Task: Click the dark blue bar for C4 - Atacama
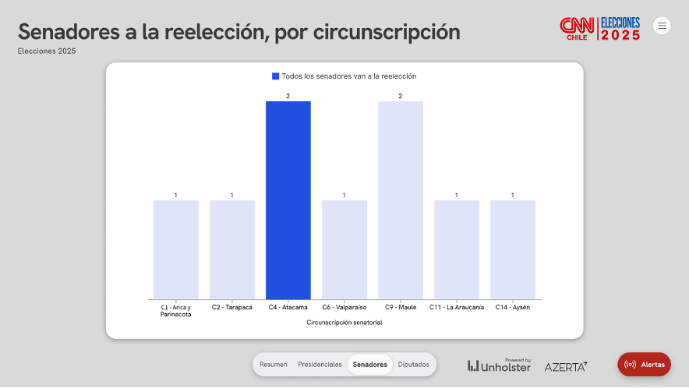(288, 200)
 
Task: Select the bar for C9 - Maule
(401, 200)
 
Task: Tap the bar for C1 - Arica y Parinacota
(175, 249)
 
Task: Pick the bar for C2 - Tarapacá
(231, 249)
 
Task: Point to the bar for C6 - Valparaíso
(344, 249)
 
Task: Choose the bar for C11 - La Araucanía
(456, 249)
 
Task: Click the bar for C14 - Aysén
(512, 249)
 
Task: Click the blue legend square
(275, 76)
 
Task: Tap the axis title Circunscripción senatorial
(344, 322)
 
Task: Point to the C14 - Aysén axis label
(512, 308)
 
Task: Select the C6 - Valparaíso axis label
(344, 308)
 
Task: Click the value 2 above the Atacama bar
(288, 96)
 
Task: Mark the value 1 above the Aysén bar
(512, 195)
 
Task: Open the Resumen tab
(274, 365)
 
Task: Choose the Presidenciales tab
(320, 365)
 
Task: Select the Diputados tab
(414, 365)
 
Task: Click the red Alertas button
(644, 365)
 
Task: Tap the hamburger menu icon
(662, 26)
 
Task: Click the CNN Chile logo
(577, 29)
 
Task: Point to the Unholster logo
(499, 365)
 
